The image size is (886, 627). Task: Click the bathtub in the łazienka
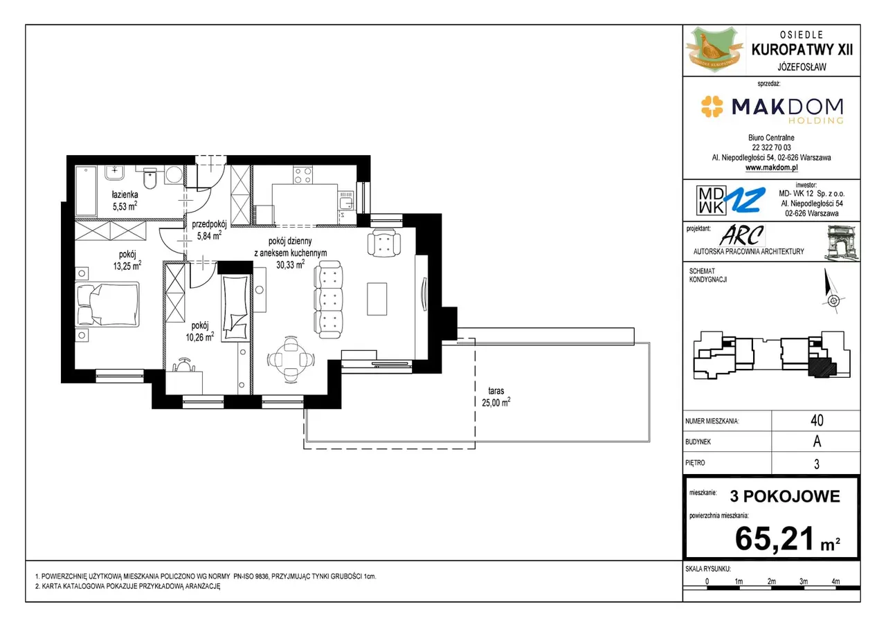point(86,191)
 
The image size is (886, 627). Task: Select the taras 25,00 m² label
point(496,397)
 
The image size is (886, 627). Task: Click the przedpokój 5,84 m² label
point(209,230)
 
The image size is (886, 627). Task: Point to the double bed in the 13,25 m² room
point(107,304)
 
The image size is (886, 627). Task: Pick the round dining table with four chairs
point(291,360)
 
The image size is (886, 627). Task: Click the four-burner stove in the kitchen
point(302,175)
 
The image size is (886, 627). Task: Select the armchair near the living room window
point(383,243)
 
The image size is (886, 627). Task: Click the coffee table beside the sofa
point(377,298)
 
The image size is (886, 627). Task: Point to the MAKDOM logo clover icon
point(712,107)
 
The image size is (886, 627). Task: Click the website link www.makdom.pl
point(771,167)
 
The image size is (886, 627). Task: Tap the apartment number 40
point(817,420)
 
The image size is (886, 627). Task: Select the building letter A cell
point(817,442)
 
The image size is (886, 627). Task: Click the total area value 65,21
point(775,538)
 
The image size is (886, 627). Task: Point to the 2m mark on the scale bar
point(771,581)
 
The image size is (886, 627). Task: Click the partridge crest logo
point(714,49)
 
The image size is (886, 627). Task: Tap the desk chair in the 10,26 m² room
point(183,365)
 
